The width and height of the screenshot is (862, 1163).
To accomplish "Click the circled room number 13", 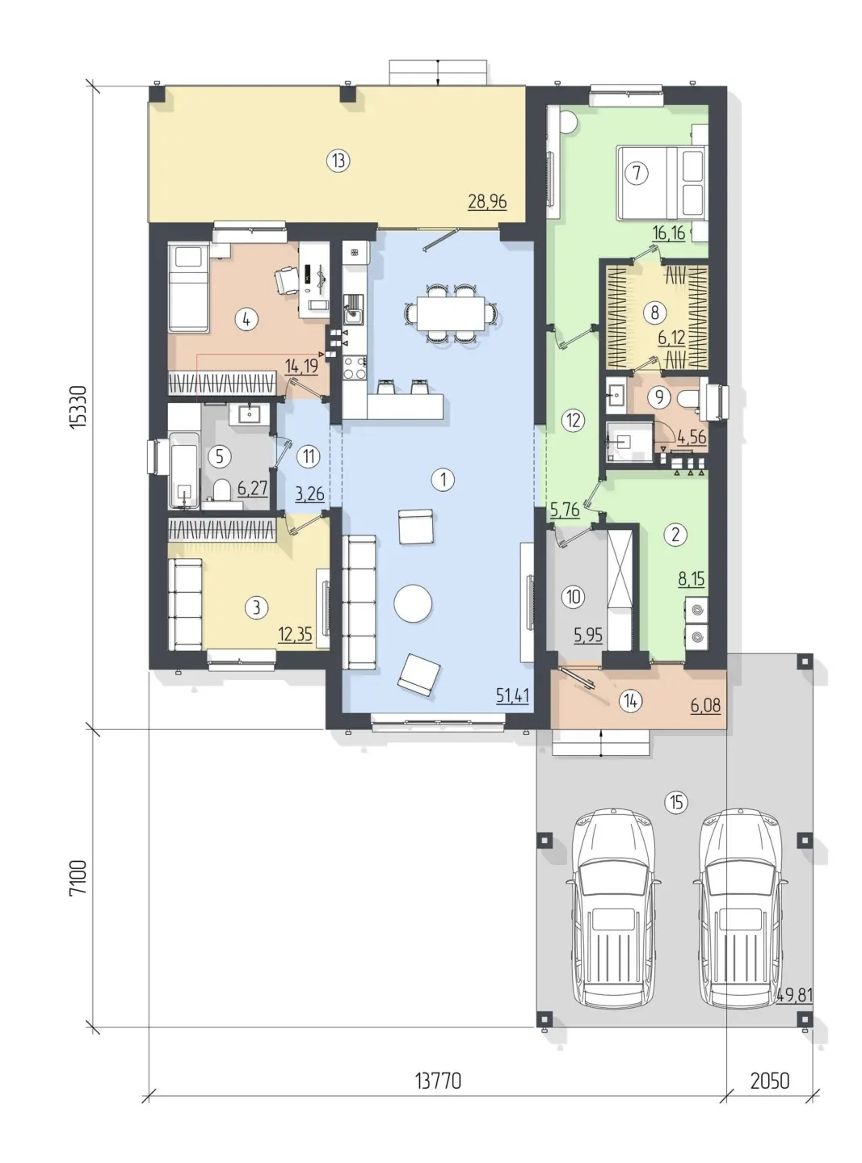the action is click(338, 161).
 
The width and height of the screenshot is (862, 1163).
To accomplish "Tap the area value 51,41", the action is click(512, 695).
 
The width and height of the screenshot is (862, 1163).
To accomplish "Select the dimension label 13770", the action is click(438, 1080).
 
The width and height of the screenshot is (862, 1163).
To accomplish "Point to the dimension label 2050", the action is click(770, 1080).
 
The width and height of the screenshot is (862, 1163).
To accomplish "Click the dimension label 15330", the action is click(78, 407).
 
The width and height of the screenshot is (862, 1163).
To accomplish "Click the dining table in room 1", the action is click(451, 313).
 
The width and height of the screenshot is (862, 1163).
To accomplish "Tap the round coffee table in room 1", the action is click(413, 603).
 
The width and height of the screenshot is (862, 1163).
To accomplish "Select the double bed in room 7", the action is click(661, 183).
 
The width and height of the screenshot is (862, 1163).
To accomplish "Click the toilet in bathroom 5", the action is click(222, 489).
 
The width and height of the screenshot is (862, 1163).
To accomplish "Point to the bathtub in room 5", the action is click(184, 470).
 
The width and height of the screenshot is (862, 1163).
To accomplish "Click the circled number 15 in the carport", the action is click(675, 802).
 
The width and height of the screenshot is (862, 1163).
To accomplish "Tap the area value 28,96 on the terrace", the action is click(487, 201).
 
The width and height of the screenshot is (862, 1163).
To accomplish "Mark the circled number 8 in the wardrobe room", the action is click(654, 313).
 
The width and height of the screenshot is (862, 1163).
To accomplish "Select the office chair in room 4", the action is click(286, 280).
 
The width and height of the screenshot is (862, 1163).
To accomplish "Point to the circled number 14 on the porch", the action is click(630, 700).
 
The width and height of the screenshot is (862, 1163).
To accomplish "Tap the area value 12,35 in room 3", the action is click(295, 634).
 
